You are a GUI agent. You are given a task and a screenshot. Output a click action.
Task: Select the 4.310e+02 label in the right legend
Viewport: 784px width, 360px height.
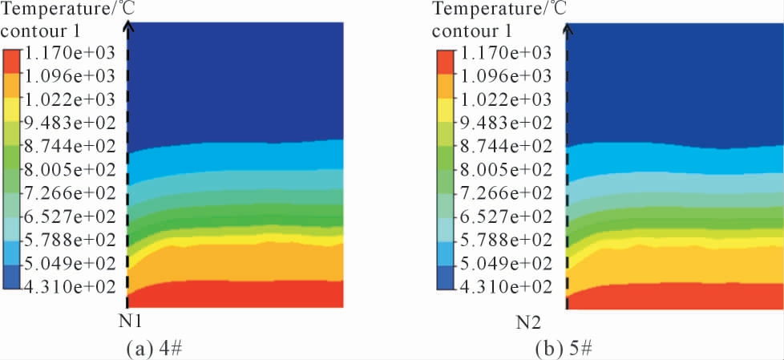point(505,287)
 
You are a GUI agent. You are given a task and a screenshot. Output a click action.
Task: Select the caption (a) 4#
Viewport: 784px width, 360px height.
point(158,349)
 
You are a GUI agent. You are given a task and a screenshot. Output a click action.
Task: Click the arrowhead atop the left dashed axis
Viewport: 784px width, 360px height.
point(128,25)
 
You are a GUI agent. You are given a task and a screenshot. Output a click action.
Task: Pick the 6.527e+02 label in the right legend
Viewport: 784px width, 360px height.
point(505,216)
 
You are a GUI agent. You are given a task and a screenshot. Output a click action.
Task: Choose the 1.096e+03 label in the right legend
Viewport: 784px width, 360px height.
point(505,76)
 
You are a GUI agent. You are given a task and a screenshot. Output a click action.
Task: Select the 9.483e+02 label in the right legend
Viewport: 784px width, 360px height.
point(505,123)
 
